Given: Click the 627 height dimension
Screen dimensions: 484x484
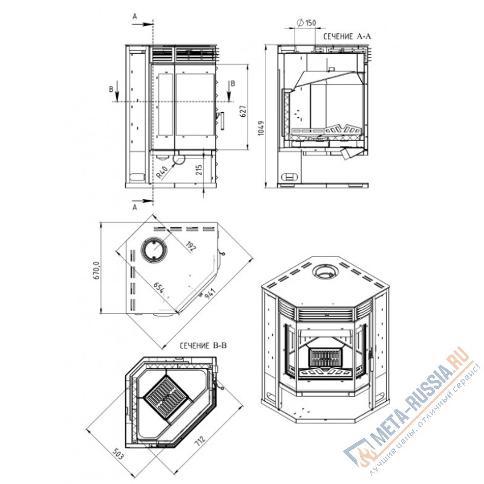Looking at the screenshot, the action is click(x=243, y=111).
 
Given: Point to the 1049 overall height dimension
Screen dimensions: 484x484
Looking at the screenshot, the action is click(x=261, y=128).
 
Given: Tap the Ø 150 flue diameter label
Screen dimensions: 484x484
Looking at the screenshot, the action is click(x=306, y=22).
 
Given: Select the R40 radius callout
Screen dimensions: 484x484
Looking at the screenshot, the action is click(x=162, y=172).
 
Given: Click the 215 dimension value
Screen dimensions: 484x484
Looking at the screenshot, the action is click(x=199, y=170).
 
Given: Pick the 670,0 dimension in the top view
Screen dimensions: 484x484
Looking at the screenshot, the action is click(x=96, y=270).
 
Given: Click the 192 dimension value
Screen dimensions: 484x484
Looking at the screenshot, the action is click(x=191, y=247).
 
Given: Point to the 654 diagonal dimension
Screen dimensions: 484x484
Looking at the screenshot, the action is click(x=159, y=288).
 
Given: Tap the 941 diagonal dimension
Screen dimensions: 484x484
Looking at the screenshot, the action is click(x=209, y=293).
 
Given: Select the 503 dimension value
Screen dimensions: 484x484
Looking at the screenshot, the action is click(x=117, y=455).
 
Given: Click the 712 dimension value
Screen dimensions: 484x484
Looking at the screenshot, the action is click(x=200, y=440).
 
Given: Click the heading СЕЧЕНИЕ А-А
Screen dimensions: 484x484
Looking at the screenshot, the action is click(x=347, y=36).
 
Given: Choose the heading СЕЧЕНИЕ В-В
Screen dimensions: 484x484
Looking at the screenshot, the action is click(x=203, y=345).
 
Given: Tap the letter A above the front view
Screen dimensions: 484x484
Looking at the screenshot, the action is click(x=134, y=16).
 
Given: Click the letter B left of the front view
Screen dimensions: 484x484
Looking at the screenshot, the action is click(x=111, y=89).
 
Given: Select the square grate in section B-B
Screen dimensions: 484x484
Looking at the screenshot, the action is click(x=166, y=398).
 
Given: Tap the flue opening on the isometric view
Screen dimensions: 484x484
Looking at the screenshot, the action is click(x=325, y=272).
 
